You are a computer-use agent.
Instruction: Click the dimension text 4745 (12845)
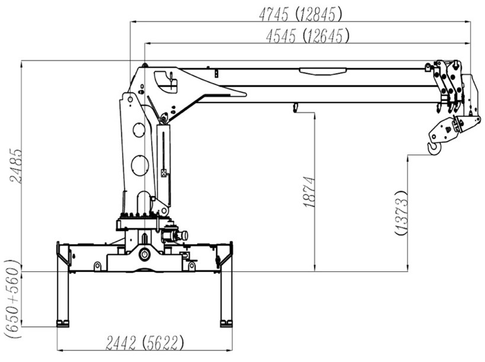click(x=301, y=14)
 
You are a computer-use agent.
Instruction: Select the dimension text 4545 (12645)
click(x=308, y=36)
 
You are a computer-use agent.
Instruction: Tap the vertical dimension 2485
click(x=16, y=166)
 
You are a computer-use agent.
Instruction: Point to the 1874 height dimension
click(x=309, y=192)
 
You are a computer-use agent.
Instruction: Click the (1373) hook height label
click(x=401, y=213)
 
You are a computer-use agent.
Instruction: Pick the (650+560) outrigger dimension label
click(x=12, y=299)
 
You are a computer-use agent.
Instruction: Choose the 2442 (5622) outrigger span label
click(x=144, y=343)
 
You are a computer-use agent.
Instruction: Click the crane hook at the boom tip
click(x=434, y=148)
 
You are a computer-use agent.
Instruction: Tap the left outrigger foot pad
click(x=63, y=323)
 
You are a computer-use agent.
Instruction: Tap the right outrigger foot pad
click(x=226, y=323)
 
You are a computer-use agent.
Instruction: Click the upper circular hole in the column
click(x=139, y=130)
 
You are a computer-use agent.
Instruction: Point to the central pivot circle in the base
click(x=144, y=255)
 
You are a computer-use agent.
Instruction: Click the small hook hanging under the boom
click(x=295, y=108)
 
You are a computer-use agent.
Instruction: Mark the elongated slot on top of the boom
click(x=322, y=72)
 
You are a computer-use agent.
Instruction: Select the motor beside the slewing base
click(x=175, y=235)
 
